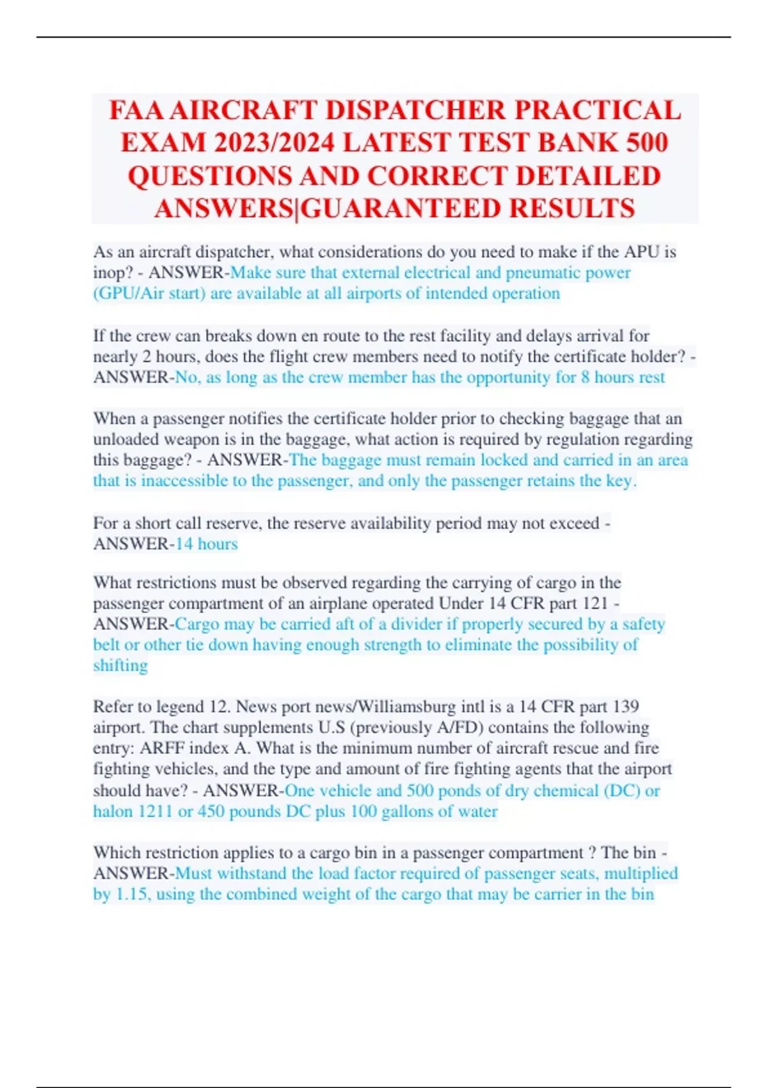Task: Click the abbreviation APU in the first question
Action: click(x=642, y=252)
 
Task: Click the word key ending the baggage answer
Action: click(x=619, y=481)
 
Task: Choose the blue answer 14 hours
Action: click(x=206, y=544)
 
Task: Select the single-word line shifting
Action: click(x=120, y=666)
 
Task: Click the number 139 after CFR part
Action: click(x=625, y=707)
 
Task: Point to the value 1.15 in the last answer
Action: click(x=131, y=894)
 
